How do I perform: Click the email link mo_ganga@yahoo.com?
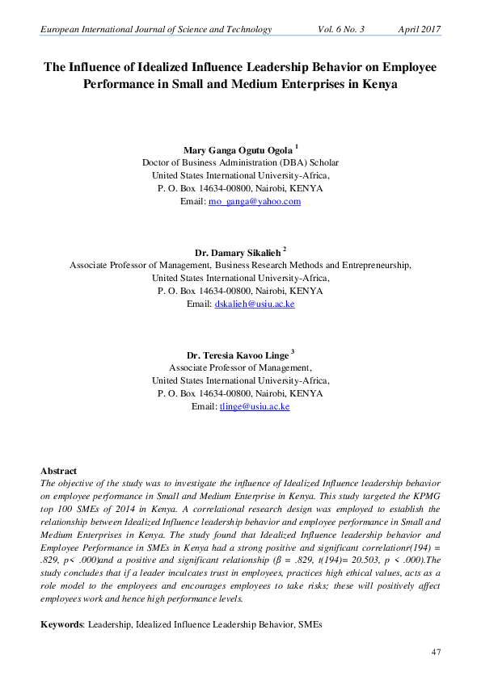point(255,201)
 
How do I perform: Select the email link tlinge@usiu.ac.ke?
point(255,406)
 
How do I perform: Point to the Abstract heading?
point(58,471)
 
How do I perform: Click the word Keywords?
point(61,624)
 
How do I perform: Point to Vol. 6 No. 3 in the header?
point(342,29)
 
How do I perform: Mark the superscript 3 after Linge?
point(292,351)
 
